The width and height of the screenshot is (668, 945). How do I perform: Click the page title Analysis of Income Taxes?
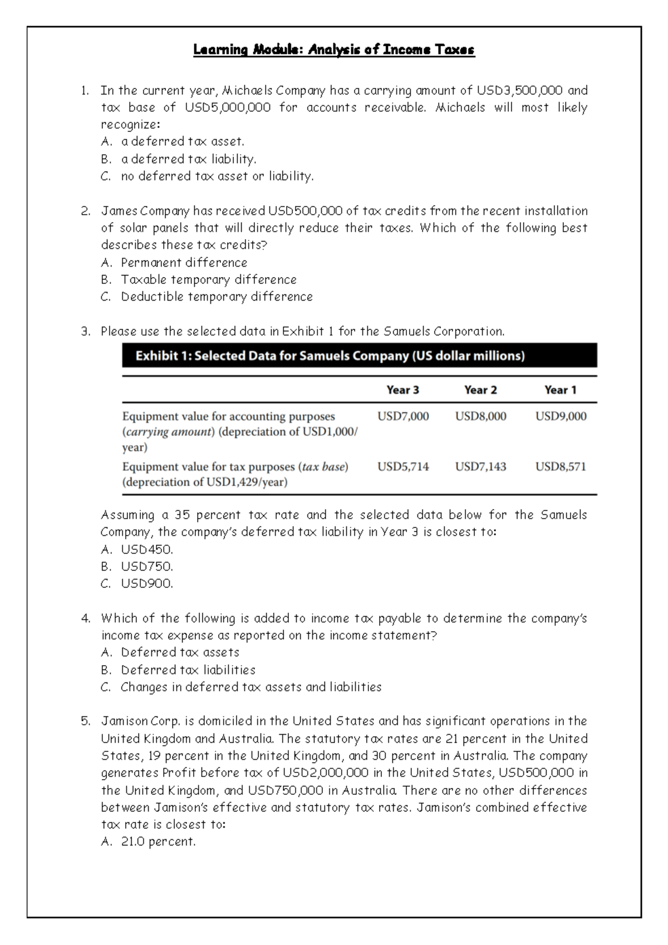tap(334, 50)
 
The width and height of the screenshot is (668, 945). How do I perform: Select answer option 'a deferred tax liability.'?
tap(189, 159)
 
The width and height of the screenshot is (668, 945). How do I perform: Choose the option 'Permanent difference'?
tap(184, 263)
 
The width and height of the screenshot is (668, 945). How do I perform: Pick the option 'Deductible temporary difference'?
tap(217, 297)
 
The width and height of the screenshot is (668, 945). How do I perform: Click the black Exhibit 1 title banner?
tap(359, 356)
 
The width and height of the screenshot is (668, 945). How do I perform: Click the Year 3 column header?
tap(402, 390)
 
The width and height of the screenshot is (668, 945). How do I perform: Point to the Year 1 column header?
tap(560, 390)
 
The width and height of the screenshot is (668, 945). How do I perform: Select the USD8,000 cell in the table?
tap(480, 416)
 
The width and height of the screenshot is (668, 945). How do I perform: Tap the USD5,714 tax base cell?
tap(402, 467)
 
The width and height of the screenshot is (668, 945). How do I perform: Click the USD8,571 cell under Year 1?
tap(560, 467)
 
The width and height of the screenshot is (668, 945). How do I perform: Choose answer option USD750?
tap(147, 567)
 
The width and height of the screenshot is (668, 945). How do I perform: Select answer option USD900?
tap(147, 584)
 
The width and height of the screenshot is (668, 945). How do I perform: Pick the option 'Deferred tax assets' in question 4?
tap(180, 652)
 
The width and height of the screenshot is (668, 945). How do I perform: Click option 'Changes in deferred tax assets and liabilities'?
tap(251, 687)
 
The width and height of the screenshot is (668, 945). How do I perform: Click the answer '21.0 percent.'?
tap(158, 842)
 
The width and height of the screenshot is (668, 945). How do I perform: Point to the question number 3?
tap(85, 332)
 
